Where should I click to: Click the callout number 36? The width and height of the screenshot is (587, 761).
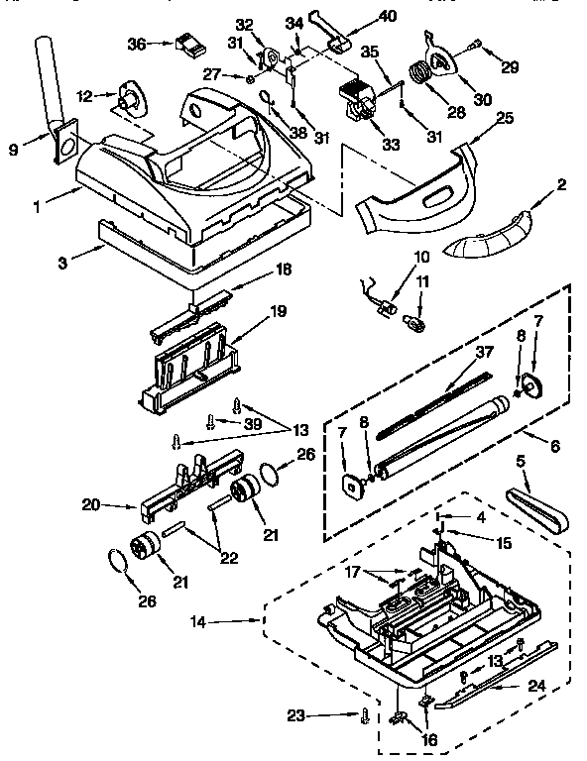[138, 43]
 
